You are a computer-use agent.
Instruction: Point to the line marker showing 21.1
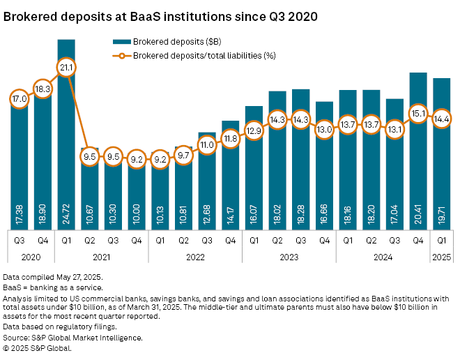(67, 68)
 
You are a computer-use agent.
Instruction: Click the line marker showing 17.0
(20, 99)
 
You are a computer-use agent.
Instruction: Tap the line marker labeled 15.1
(418, 113)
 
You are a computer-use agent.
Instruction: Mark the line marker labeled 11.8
(231, 138)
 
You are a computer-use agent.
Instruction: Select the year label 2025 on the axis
(441, 256)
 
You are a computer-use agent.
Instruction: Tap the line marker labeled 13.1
(394, 128)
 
